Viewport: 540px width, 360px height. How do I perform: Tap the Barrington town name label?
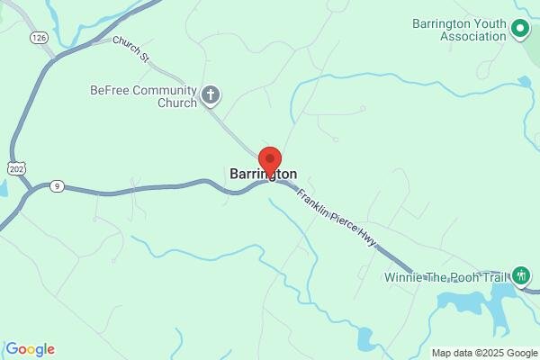[x=263, y=173]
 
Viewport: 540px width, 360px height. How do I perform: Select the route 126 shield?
[x=38, y=37]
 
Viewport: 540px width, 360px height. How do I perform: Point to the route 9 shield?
[x=57, y=186]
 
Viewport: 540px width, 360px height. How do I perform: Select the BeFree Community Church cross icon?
[x=211, y=94]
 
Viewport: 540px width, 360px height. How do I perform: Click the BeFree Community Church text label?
[x=143, y=96]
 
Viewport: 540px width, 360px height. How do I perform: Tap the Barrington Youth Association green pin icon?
[x=520, y=30]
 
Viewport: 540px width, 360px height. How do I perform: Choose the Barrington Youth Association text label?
[x=460, y=30]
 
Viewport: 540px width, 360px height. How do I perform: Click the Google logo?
[x=30, y=349]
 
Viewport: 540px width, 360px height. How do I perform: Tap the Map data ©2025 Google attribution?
[x=483, y=352]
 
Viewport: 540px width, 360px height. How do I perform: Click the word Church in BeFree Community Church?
[x=175, y=103]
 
